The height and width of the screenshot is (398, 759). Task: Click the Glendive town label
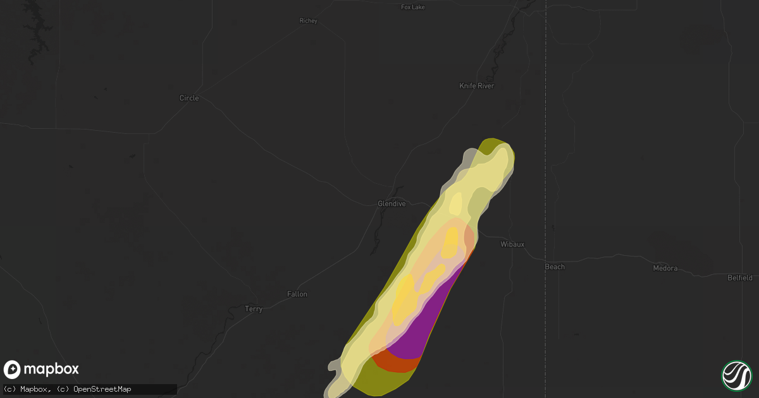pos(392,203)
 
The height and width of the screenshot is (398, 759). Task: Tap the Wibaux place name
pos(512,244)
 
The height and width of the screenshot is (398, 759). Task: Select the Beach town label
pos(555,267)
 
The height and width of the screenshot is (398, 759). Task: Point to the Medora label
pos(665,268)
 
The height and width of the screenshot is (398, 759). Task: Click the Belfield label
pos(739,277)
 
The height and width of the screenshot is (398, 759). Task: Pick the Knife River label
pos(476,86)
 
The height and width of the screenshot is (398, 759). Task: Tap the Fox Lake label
pos(413,7)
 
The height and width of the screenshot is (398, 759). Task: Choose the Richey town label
pos(308,21)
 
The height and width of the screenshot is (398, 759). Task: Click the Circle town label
pos(188,98)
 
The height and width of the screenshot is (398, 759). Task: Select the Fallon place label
pos(297,294)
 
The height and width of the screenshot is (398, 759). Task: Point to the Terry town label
pos(254,309)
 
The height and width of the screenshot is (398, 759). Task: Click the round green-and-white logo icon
pos(736,375)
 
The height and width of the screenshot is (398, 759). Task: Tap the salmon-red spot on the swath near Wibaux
pos(469,236)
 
